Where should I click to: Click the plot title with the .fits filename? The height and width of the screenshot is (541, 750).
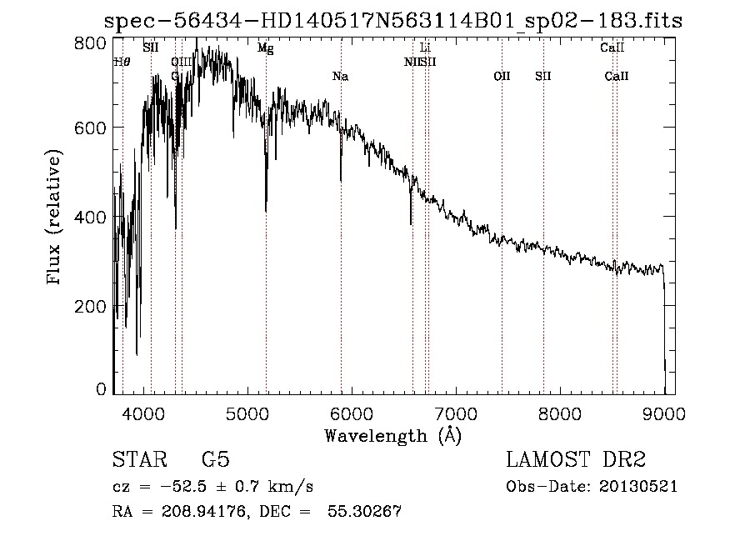392,22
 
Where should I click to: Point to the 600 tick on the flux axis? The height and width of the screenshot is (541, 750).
97,128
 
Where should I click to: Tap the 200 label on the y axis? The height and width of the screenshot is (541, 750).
97,307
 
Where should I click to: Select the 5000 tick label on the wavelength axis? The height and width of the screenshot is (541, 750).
247,412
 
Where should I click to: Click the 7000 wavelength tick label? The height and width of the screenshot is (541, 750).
456,412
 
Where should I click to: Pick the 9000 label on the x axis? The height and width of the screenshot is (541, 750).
664,412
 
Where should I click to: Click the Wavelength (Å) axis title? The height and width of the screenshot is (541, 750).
392,434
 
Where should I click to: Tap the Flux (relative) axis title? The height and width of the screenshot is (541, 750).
55,218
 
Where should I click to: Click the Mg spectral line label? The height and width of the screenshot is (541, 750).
265,48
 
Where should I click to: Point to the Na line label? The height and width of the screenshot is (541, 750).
340,77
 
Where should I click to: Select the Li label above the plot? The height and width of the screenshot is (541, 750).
425,48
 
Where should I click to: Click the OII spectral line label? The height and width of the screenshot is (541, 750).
502,77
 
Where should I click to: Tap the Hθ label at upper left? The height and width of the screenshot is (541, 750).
122,62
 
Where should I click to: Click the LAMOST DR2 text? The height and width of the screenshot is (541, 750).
576,460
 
